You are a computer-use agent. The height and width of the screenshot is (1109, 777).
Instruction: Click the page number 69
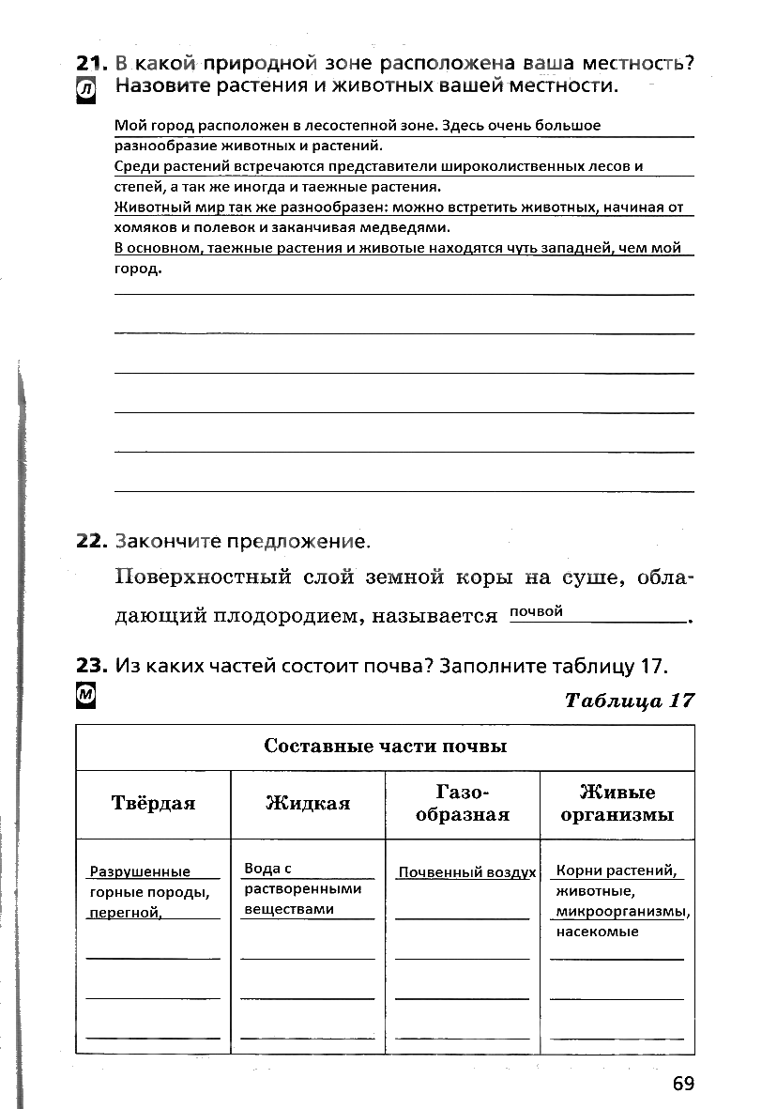(x=682, y=1084)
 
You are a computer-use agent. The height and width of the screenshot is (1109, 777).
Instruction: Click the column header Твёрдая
(x=153, y=803)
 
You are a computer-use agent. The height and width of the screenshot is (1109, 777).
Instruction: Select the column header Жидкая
(x=308, y=803)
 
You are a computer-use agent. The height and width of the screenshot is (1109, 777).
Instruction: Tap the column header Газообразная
(x=463, y=803)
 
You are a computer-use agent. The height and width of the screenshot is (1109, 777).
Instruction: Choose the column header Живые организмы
(x=617, y=803)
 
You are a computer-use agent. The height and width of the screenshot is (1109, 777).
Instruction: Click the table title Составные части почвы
(x=385, y=747)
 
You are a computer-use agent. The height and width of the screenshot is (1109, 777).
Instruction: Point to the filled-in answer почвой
(x=536, y=612)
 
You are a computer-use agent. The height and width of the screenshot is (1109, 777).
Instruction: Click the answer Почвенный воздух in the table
(x=466, y=872)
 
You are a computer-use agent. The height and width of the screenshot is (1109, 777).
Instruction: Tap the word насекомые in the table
(x=597, y=932)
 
